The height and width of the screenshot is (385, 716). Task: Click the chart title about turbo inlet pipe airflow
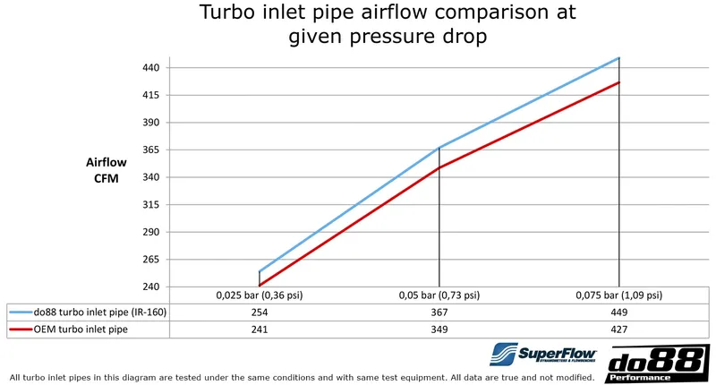click(x=388, y=26)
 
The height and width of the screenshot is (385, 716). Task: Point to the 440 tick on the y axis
click(x=150, y=68)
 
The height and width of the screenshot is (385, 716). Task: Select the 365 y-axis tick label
click(x=150, y=150)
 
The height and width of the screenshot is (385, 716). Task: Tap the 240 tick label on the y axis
click(x=150, y=287)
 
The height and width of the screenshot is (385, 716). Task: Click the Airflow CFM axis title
click(x=106, y=170)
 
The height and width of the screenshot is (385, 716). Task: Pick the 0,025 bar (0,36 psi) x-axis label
click(x=260, y=295)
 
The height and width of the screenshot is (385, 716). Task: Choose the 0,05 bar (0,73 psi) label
click(x=439, y=295)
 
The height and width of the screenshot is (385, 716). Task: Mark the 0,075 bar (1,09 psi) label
click(x=618, y=295)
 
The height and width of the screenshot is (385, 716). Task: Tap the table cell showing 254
click(x=260, y=312)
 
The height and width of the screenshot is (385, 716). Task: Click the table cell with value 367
click(x=439, y=312)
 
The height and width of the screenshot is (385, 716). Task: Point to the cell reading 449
click(x=618, y=312)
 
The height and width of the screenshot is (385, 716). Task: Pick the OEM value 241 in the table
click(x=260, y=329)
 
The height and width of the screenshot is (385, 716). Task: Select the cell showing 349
click(x=439, y=329)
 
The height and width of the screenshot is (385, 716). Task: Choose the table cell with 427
click(x=618, y=329)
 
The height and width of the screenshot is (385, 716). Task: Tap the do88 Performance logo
click(x=658, y=364)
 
